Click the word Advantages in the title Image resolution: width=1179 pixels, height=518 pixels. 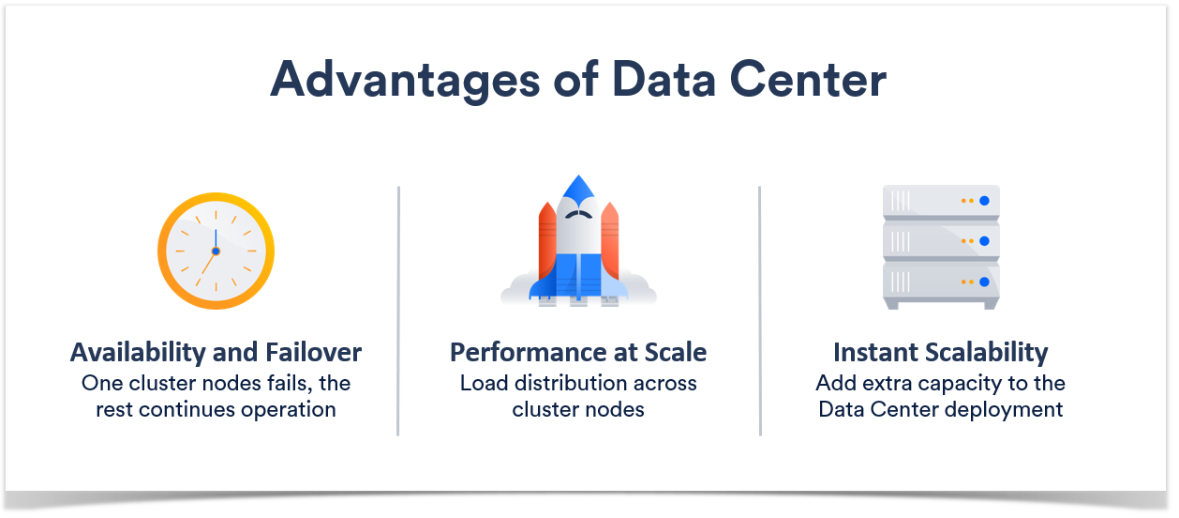(405, 81)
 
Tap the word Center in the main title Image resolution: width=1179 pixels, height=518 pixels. (808, 80)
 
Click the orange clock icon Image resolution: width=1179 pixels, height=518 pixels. (216, 251)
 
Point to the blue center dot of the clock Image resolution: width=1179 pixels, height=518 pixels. (216, 251)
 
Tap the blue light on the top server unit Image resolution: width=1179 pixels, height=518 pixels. (984, 201)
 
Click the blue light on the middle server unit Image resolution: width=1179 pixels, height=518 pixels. (984, 241)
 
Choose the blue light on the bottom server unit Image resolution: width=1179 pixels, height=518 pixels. (984, 282)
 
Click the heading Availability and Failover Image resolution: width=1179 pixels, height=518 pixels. (216, 353)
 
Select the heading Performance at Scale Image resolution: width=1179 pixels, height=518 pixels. (578, 352)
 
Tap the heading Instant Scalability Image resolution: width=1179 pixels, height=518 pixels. (941, 353)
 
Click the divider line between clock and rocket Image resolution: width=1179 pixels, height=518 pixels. (398, 311)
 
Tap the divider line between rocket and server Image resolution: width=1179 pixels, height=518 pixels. (760, 311)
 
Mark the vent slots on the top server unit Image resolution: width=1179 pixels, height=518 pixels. (900, 201)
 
